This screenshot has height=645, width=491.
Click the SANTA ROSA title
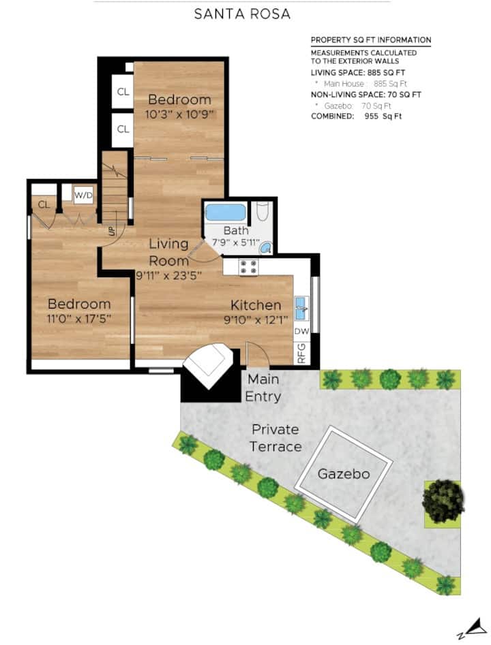[242, 14]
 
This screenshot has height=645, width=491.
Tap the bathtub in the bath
[225, 213]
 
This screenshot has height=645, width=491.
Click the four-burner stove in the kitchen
[249, 267]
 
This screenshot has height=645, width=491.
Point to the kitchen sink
[302, 308]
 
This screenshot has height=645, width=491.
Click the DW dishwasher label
[301, 331]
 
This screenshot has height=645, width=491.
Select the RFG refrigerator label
[301, 353]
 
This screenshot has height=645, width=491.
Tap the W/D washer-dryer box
[83, 195]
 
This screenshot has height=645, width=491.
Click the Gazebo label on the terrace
[344, 474]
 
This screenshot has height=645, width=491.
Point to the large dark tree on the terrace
[443, 501]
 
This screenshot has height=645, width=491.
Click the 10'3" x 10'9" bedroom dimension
[179, 114]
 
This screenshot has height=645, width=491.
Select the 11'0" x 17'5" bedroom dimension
[79, 318]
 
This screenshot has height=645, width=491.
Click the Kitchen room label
[256, 305]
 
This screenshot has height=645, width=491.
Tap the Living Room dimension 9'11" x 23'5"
[169, 275]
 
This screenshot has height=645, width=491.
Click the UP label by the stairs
[112, 232]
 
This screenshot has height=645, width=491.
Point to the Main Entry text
[263, 388]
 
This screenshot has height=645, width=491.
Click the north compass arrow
[478, 627]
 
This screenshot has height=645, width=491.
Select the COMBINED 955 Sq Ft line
[356, 116]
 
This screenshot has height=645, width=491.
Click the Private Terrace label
[275, 438]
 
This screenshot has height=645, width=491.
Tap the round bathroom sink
[266, 248]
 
